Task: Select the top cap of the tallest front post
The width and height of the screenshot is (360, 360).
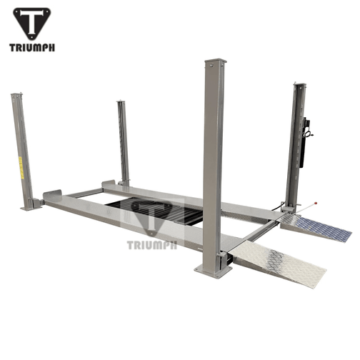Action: coord(214,62)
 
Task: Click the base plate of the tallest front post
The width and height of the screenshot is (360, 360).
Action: coord(214,269)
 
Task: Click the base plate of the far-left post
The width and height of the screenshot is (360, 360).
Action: coord(31,207)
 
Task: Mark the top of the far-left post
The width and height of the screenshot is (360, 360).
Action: coord(15,96)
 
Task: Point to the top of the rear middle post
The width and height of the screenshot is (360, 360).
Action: coord(121,103)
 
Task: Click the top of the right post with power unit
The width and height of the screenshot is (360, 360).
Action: coord(299,86)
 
